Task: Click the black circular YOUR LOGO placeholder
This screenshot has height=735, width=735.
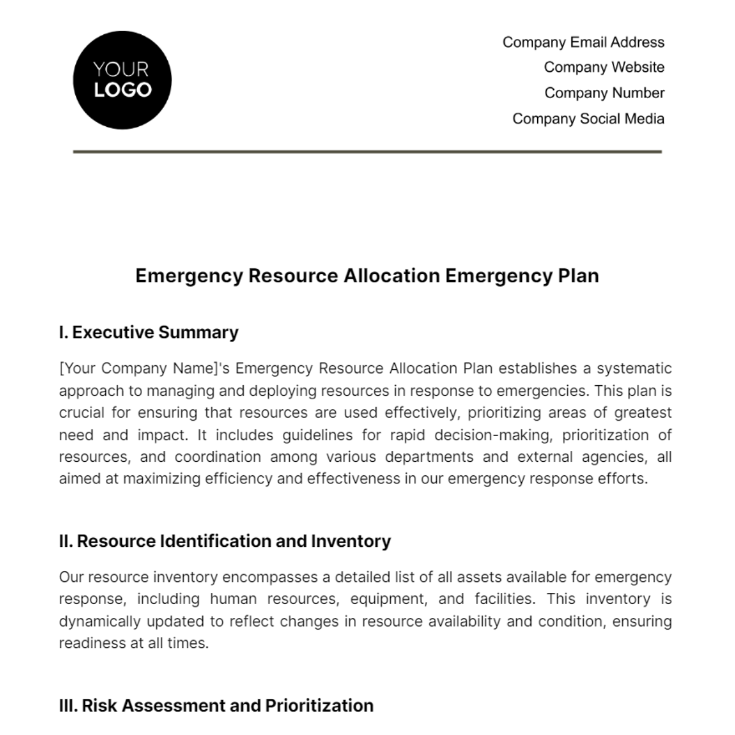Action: [122, 80]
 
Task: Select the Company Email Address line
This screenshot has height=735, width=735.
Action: [583, 42]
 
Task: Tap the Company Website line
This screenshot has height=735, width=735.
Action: [604, 67]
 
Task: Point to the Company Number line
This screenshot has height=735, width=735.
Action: [604, 93]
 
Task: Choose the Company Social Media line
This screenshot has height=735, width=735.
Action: [588, 119]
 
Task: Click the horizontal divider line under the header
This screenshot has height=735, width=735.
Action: [367, 151]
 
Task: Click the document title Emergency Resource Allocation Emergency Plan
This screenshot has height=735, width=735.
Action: [367, 276]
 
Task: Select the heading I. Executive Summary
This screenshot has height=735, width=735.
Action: [149, 333]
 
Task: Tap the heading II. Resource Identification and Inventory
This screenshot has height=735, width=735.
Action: [225, 541]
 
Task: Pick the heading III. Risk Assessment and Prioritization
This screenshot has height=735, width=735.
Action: [216, 706]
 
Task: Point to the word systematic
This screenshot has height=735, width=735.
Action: [634, 369]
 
